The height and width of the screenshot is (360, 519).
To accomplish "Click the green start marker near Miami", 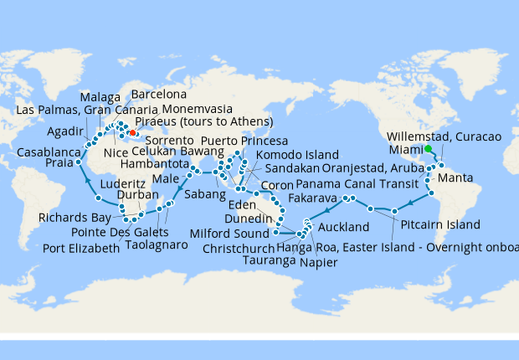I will [x=428, y=149].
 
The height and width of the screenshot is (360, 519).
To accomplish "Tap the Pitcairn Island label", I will [x=439, y=225].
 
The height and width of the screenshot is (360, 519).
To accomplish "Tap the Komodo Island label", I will [x=297, y=155].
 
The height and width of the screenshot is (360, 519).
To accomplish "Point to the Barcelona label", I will [x=164, y=95].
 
